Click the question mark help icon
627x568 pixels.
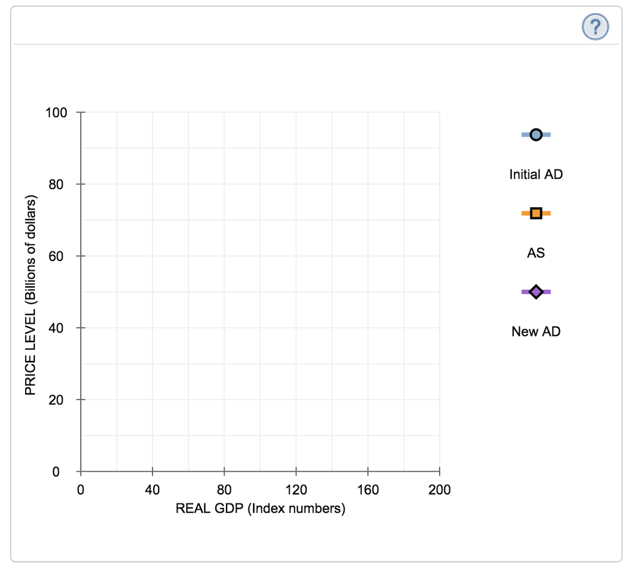(595, 28)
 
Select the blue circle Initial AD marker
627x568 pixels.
(536, 135)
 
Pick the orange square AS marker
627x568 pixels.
(536, 213)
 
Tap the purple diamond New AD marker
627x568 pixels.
(536, 292)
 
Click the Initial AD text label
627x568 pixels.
(536, 174)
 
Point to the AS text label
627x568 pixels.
(536, 252)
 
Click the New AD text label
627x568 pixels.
(536, 331)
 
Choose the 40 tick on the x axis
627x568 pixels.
(152, 490)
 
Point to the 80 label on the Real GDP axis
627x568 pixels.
(224, 490)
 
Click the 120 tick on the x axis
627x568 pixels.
(296, 490)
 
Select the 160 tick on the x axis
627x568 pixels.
(367, 490)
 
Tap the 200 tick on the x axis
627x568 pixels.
(439, 490)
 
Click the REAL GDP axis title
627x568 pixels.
(260, 509)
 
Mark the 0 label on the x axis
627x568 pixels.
(80, 490)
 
